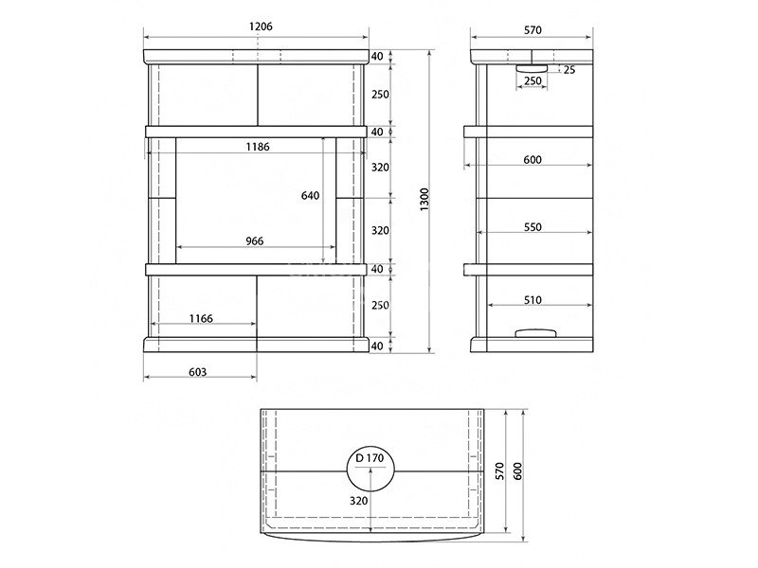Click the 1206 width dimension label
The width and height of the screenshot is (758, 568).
coord(261,27)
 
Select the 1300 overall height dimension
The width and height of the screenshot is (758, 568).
coord(424,200)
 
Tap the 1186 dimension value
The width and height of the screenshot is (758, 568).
coord(258,147)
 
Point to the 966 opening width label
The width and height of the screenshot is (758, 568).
coord(255,240)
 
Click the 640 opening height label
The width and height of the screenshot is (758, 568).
coord(311,195)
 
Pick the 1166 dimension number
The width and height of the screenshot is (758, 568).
coord(201,318)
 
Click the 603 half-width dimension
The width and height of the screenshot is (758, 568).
coord(198,372)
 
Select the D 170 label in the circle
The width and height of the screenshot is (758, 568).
coord(370,458)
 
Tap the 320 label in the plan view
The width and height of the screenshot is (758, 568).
coord(359,501)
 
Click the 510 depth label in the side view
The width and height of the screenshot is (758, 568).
coord(532,300)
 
